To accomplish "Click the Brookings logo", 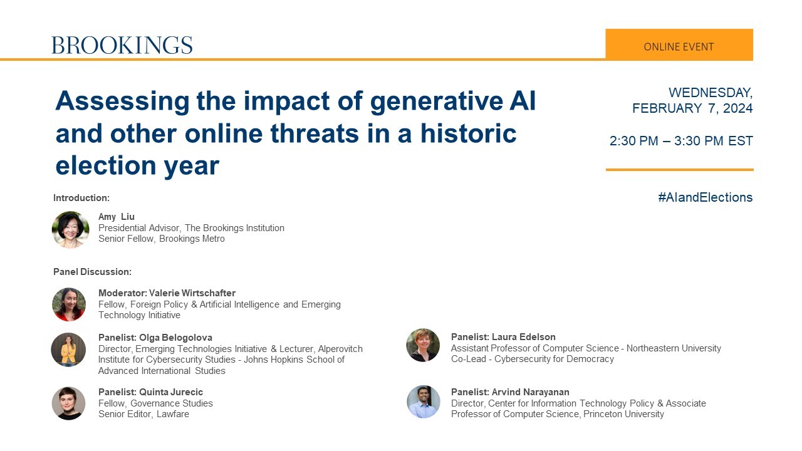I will [x=122, y=45].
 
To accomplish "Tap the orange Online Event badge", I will [x=679, y=46].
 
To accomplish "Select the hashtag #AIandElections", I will [x=705, y=197].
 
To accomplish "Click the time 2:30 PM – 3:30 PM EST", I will [x=680, y=141].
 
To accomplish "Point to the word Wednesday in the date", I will [x=710, y=92].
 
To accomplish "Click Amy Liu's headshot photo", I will [x=70, y=229].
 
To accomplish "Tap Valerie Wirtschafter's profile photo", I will [x=69, y=304].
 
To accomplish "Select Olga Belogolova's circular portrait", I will [x=68, y=350].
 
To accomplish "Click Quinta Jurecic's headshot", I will [x=68, y=403].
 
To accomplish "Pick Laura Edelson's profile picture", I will [x=423, y=345].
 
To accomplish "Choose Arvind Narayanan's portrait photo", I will [x=424, y=402].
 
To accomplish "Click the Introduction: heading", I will [x=81, y=198].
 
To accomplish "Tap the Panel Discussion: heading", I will [x=92, y=272].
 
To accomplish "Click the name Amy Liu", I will [x=117, y=217].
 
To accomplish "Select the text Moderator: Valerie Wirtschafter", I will [x=167, y=293].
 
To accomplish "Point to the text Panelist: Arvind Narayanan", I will [x=510, y=392].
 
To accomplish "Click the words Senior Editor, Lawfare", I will [x=143, y=414].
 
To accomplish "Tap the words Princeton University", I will [x=623, y=414].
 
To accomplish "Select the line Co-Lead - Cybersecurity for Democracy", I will [x=532, y=359].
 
